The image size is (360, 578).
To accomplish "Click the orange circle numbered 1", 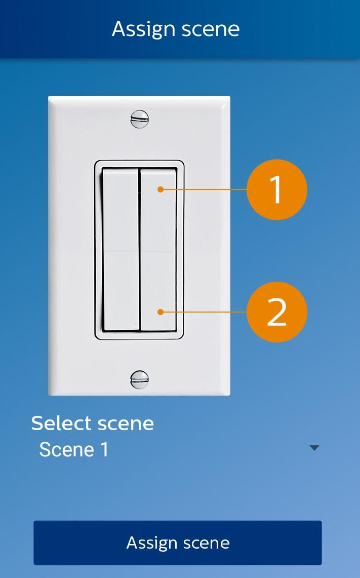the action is coord(277,189).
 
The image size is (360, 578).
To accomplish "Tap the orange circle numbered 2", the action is coord(277,312).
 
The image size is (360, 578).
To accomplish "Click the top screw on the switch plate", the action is coord(140,119).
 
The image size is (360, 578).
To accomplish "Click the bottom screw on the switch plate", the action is coord(140,379).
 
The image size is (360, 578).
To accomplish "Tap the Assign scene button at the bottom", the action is coord(178,543).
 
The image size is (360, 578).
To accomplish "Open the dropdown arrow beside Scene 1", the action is coord(314,448).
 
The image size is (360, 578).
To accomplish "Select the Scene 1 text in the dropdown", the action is coord(74,449).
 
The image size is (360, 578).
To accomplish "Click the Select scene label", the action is coord(93,423).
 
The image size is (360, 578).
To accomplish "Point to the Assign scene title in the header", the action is coord(176,29).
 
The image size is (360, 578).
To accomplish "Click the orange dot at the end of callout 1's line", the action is coord(161,189).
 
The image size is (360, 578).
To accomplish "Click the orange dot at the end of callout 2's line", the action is coord(161,312).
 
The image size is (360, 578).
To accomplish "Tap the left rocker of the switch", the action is coord(121,249).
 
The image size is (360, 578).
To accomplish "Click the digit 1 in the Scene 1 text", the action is coord(105,449).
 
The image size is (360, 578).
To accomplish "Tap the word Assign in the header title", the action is coord(143,29).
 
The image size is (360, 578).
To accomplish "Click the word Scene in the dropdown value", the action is coord(67,449).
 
